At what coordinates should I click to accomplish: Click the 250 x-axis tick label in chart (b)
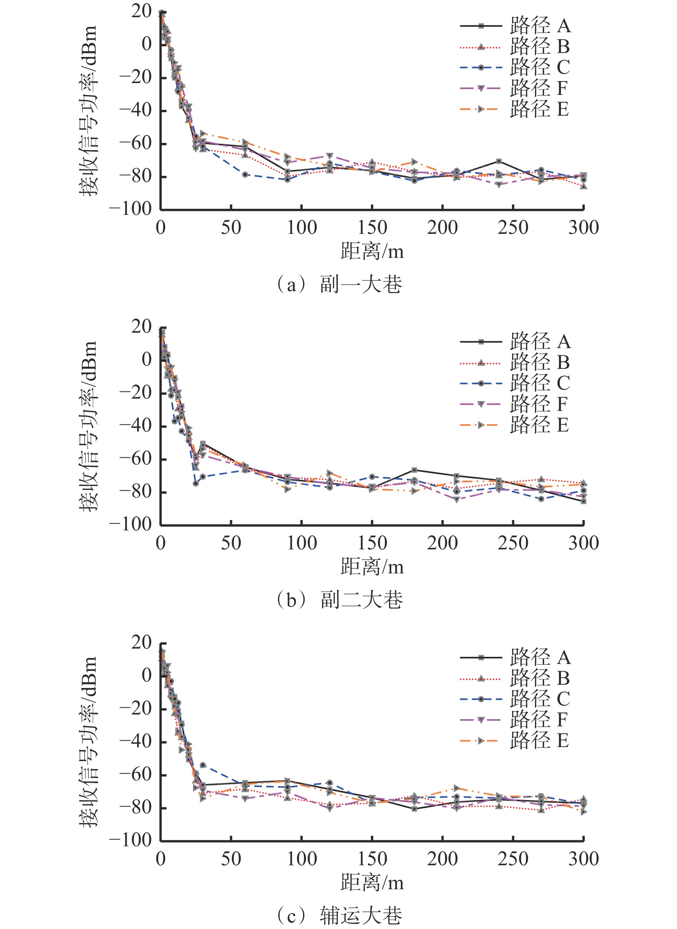(513, 543)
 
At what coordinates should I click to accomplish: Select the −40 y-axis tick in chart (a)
(135, 110)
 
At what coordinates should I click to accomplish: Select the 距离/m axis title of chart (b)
(372, 567)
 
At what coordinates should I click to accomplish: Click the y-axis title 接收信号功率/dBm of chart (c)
(88, 741)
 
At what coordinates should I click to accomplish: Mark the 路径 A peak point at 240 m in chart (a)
(499, 162)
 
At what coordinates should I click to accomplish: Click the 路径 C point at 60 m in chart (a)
(245, 174)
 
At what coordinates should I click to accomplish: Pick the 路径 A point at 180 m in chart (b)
(414, 470)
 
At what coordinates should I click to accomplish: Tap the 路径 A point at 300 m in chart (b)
(584, 501)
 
